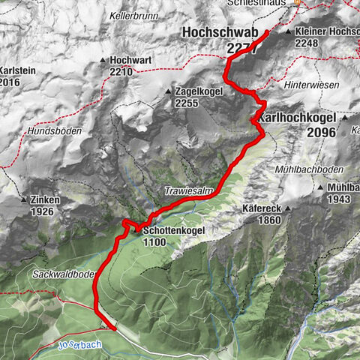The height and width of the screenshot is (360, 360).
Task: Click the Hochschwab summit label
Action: (219, 34)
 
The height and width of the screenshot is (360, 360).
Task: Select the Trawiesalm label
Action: (184, 192)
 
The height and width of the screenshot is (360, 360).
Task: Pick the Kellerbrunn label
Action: (133, 15)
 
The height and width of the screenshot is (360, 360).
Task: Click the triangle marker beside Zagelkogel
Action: (168, 92)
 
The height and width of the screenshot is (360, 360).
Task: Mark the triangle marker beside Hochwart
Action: (103, 60)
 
